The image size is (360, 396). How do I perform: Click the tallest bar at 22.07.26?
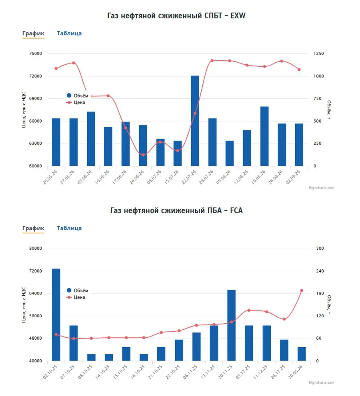[195, 121]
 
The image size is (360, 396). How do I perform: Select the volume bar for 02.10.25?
[56, 314]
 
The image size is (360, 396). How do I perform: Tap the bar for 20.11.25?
[231, 325]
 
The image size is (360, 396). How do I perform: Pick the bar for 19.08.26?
[264, 136]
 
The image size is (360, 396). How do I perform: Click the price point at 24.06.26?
[143, 155]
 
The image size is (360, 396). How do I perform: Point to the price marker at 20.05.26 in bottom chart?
[302, 291]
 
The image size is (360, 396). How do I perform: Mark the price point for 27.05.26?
[74, 63]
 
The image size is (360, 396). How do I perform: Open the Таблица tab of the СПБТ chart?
[69, 33]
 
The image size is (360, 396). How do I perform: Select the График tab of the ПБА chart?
[33, 228]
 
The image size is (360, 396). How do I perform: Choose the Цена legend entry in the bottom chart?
[76, 297]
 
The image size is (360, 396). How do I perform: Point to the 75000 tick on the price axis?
[36, 54]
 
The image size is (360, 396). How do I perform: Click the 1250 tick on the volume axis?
[318, 54]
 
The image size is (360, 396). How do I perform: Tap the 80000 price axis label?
[36, 248]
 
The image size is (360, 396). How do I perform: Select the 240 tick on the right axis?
[320, 271]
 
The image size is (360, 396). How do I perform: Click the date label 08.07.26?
[154, 177]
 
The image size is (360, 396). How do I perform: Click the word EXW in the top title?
[238, 16]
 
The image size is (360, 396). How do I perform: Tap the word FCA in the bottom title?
[236, 210]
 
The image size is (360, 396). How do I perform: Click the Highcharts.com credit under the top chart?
[321, 188]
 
